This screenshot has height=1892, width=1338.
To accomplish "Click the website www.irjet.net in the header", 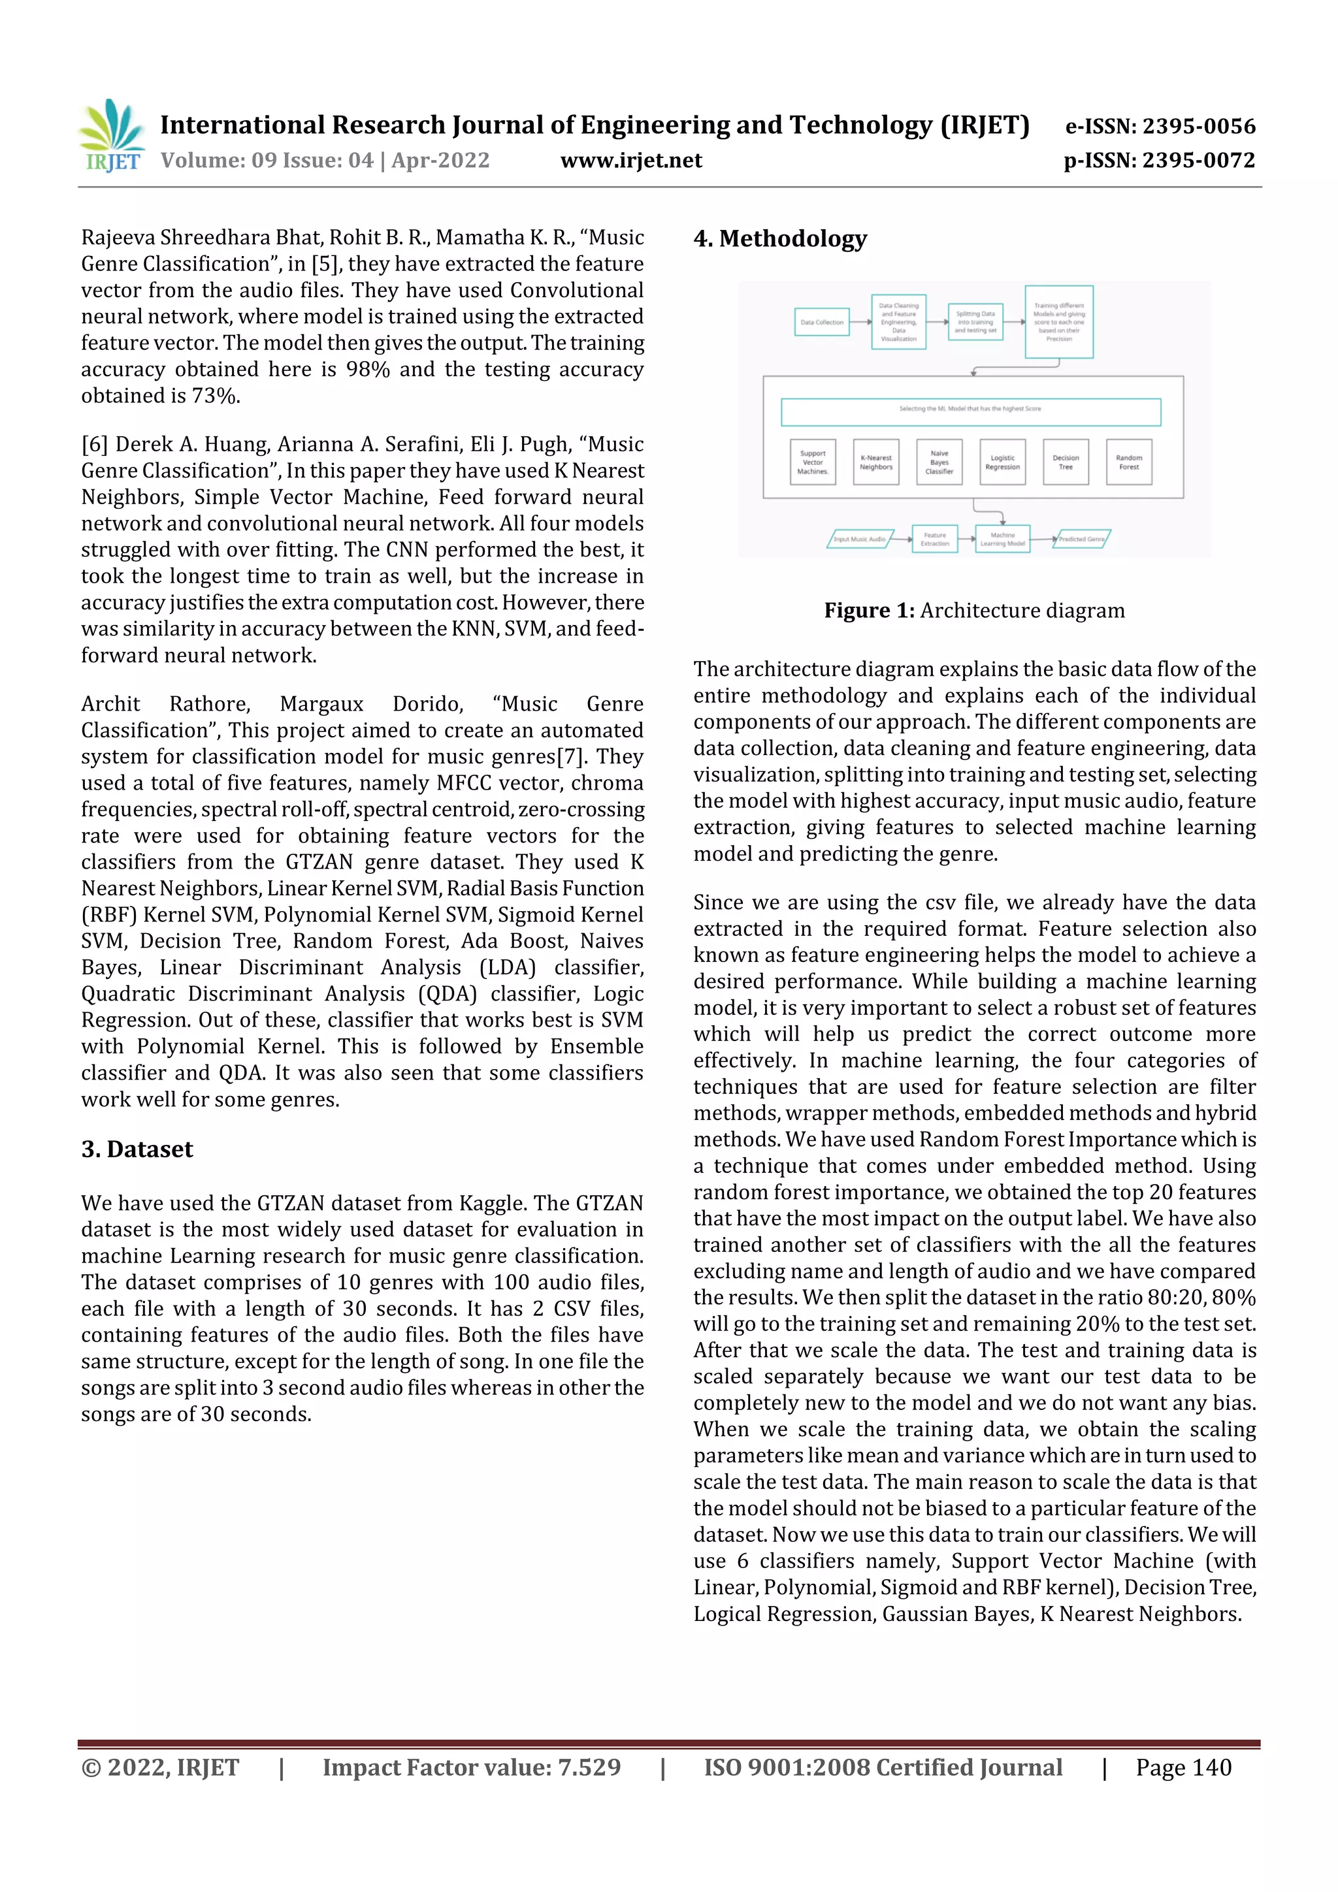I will [630, 161].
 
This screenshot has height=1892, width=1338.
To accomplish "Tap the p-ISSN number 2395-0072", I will [1198, 161].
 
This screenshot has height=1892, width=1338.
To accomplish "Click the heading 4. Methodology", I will [780, 239].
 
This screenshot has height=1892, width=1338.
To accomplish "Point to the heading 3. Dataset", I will [137, 1149].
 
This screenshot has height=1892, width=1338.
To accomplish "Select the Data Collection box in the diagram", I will [822, 322].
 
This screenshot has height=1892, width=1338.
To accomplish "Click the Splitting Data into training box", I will [975, 322].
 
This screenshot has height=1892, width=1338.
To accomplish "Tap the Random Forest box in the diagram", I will [1128, 462].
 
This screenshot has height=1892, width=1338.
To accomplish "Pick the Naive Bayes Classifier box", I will [939, 462].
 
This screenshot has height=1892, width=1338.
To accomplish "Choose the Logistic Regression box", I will [1002, 462].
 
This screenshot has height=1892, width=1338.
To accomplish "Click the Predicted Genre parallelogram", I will [1082, 539].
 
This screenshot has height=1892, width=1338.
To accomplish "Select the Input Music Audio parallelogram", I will [859, 539].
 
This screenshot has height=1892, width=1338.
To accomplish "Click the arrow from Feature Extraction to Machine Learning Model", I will [966, 539].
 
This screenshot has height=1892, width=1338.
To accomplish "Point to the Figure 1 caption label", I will [869, 611].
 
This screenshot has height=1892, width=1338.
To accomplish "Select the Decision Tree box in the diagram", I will [1065, 462].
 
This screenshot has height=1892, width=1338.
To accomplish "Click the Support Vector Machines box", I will [812, 462].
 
